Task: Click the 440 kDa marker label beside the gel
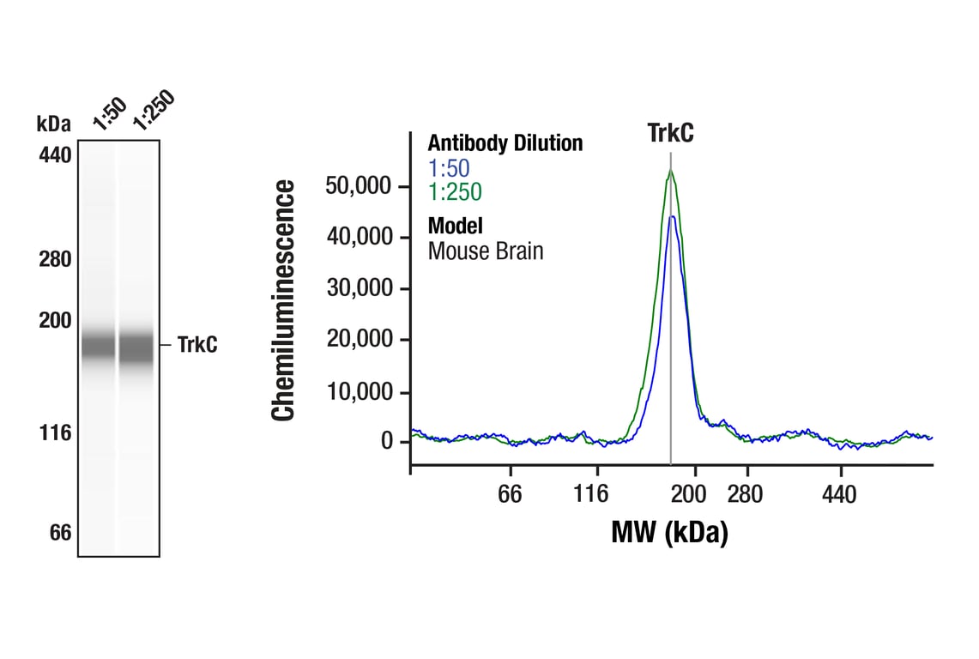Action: [x=55, y=155]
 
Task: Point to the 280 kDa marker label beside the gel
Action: [x=55, y=259]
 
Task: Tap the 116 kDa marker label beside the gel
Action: [x=55, y=433]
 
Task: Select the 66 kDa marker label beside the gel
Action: [x=59, y=533]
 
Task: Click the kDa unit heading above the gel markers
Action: [x=54, y=123]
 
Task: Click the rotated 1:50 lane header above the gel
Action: [x=110, y=114]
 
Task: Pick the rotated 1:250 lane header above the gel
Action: [x=153, y=111]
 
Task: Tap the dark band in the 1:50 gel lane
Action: [x=97, y=346]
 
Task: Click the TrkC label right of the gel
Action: [x=197, y=346]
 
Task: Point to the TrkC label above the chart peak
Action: [x=670, y=134]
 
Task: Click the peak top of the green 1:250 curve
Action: [x=670, y=171]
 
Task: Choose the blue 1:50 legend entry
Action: [x=449, y=167]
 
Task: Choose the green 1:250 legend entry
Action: [x=455, y=191]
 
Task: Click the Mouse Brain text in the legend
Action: [x=485, y=251]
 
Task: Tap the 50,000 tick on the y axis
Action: [x=359, y=186]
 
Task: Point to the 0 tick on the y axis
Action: [x=387, y=442]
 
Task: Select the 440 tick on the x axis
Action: [x=839, y=494]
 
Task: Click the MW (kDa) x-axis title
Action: [x=669, y=532]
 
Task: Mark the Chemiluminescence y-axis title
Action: [x=284, y=300]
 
